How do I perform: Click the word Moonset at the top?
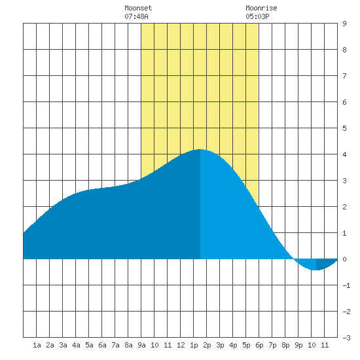click(x=138, y=8)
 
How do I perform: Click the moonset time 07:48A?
click(x=136, y=16)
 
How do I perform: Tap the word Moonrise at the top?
click(x=261, y=8)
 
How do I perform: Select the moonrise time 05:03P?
click(x=257, y=16)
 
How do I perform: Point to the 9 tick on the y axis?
click(x=344, y=24)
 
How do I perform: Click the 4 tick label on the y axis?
click(x=344, y=154)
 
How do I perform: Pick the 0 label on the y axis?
click(x=344, y=259)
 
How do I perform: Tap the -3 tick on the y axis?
click(x=346, y=338)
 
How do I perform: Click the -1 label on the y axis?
click(x=346, y=285)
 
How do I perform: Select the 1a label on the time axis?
click(x=37, y=345)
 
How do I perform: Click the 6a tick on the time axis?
click(x=102, y=345)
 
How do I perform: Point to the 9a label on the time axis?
click(x=141, y=345)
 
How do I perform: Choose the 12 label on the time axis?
click(x=181, y=345)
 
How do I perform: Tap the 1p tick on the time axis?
click(x=194, y=345)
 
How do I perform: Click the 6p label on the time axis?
click(x=259, y=345)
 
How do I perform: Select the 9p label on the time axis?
click(x=298, y=345)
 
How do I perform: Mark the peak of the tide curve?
click(x=200, y=149)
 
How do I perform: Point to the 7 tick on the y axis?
click(x=344, y=76)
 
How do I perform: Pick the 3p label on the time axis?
click(x=220, y=345)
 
